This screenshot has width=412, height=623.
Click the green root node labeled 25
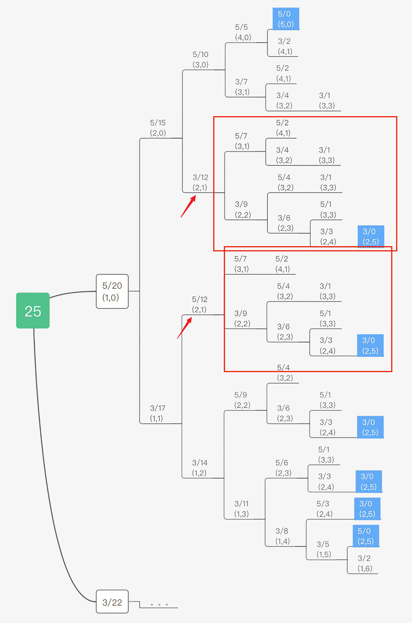33,310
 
